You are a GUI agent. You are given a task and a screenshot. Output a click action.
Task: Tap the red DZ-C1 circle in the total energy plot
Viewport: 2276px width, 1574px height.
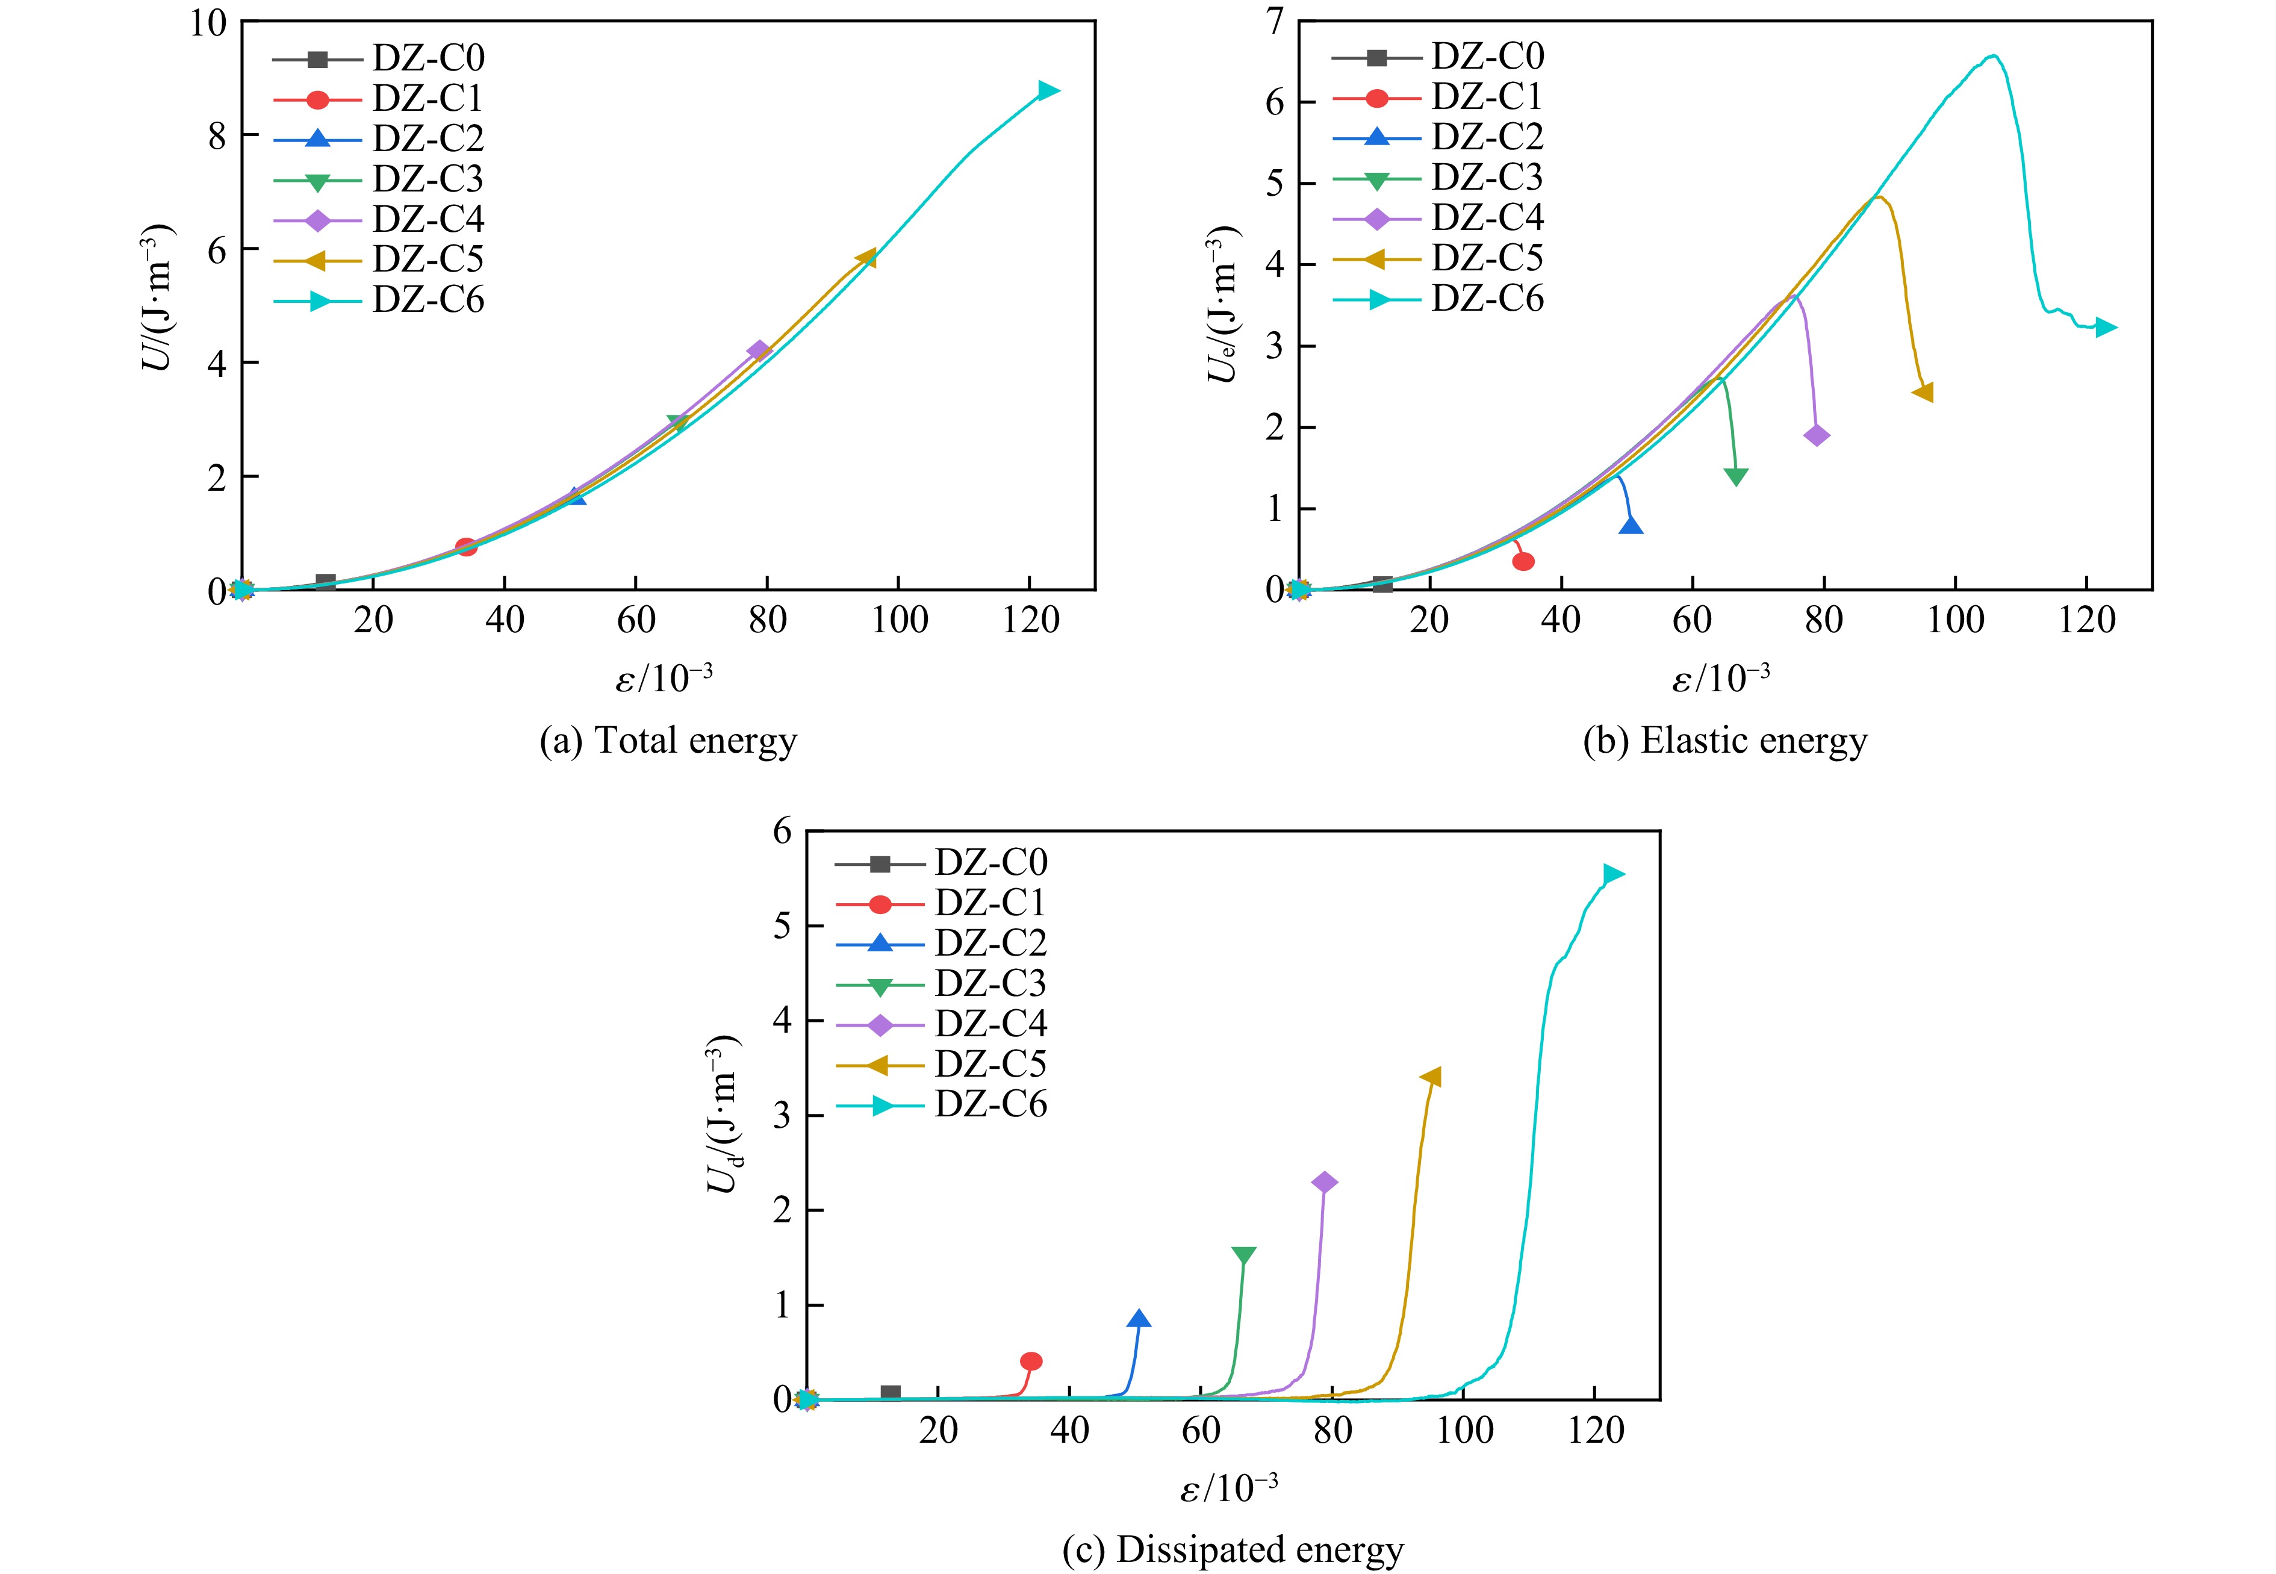point(467,546)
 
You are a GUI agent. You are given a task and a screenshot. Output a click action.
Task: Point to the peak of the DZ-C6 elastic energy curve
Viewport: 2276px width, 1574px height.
point(1994,55)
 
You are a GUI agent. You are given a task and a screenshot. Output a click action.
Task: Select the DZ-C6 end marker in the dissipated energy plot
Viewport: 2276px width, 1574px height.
point(1613,874)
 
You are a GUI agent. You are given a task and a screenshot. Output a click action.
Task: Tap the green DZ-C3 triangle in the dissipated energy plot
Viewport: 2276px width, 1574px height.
point(1243,1255)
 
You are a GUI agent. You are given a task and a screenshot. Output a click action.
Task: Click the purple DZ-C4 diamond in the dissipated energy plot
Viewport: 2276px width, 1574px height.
point(1325,1183)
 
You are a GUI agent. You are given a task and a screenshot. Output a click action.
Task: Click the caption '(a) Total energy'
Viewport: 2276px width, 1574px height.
point(668,741)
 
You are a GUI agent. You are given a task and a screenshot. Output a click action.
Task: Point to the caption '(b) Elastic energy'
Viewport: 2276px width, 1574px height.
point(1724,741)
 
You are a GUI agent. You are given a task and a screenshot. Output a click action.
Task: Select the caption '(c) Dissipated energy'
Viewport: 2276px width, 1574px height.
point(1233,1549)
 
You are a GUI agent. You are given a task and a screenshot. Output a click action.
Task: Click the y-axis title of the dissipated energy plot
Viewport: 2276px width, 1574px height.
point(725,1115)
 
